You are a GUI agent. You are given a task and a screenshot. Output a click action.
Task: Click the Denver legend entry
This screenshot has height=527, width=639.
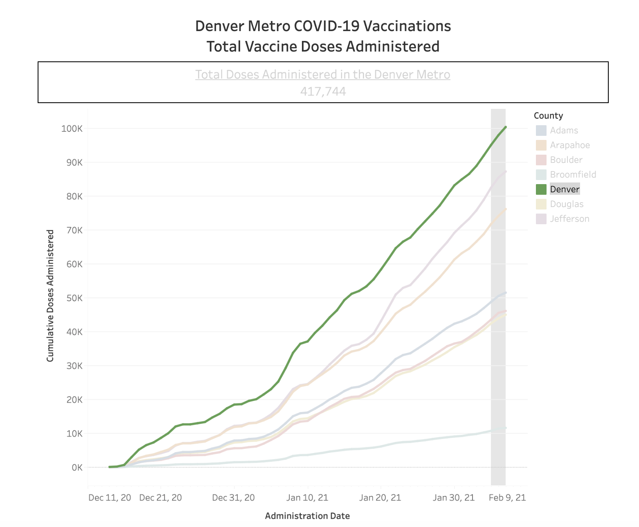click(565, 189)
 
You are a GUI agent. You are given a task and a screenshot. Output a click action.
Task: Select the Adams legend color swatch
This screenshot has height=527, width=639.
click(541, 131)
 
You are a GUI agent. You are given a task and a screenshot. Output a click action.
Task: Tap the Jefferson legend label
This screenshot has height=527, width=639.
click(569, 219)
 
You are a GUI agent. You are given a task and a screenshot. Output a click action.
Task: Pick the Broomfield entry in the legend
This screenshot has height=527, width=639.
click(573, 175)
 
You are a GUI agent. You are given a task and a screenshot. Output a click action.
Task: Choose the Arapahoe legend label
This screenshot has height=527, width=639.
click(570, 145)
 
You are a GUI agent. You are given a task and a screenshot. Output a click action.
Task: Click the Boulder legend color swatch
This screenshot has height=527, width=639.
click(541, 160)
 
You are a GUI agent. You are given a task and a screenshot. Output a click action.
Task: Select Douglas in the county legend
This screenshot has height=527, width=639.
click(567, 204)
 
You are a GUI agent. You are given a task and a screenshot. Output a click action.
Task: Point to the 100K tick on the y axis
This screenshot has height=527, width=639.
click(72, 128)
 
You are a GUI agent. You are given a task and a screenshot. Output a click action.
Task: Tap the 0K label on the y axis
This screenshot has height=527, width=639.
click(77, 467)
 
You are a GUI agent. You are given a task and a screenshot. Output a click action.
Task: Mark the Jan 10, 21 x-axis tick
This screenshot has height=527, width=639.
click(307, 498)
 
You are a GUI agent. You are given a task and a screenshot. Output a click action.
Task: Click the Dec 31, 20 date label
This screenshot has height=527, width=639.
click(234, 498)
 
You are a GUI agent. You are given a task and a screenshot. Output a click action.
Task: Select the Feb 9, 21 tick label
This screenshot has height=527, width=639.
click(507, 498)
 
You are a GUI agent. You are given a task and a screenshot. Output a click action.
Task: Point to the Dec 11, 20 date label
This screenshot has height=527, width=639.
click(110, 498)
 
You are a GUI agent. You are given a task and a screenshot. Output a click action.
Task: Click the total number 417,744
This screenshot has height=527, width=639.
click(323, 91)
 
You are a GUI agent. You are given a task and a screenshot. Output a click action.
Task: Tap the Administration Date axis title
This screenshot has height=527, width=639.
click(307, 516)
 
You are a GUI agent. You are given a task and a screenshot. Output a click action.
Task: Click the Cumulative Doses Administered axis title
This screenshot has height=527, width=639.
click(50, 295)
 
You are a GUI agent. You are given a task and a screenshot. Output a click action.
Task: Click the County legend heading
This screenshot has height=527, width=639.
click(548, 116)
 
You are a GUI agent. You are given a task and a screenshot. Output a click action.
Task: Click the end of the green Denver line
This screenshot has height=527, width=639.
click(506, 127)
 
